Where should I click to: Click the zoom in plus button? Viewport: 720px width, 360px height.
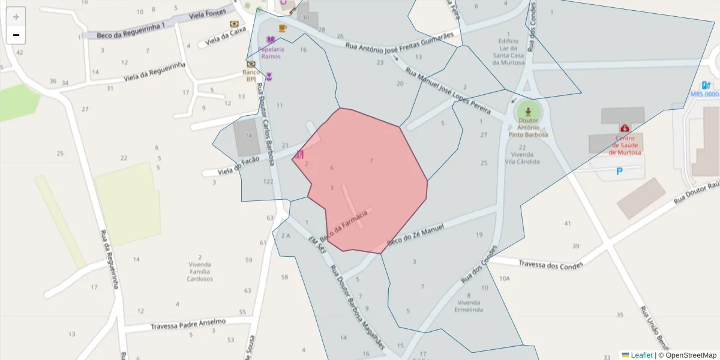[x=16, y=17]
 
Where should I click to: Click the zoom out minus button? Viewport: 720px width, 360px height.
[x=16, y=35]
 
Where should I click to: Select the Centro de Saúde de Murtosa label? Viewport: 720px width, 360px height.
[x=625, y=145]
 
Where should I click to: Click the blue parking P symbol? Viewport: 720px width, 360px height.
[x=620, y=172]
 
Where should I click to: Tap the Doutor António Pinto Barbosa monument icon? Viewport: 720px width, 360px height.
[x=528, y=112]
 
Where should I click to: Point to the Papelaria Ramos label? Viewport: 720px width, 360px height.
[x=271, y=52]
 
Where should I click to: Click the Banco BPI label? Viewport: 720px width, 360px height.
[x=251, y=75]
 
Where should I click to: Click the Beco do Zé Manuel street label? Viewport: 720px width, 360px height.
[x=415, y=235]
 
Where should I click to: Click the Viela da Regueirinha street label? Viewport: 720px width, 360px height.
[x=155, y=72]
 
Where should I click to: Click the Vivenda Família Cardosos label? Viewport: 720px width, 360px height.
[x=200, y=271]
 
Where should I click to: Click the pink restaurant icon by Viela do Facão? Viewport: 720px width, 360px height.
[x=299, y=155]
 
